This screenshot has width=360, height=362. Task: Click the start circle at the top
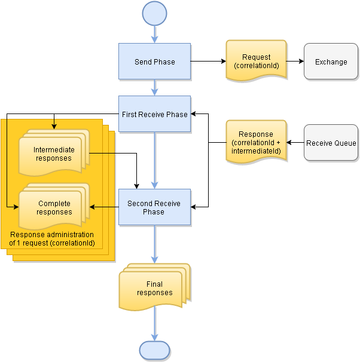tap(154, 13)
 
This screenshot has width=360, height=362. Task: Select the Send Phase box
tap(154, 62)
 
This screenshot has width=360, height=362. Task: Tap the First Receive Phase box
tap(154, 115)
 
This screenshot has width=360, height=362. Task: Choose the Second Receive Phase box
tap(154, 207)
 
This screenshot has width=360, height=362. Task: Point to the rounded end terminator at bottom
tap(154, 349)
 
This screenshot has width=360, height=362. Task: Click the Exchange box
tap(331, 62)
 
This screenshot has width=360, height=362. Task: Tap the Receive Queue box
tap(331, 143)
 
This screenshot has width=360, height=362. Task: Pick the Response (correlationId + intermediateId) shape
tap(256, 143)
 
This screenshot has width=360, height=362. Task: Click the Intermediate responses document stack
tap(53, 154)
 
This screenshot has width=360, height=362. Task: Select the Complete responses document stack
tap(54, 207)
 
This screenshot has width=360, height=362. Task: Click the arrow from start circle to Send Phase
tap(154, 33)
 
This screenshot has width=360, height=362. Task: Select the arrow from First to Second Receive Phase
tap(154, 161)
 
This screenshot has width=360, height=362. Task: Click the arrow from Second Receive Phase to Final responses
tap(154, 244)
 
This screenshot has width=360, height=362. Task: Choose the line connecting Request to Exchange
tap(295, 62)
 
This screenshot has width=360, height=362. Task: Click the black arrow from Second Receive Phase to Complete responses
tap(104, 207)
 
